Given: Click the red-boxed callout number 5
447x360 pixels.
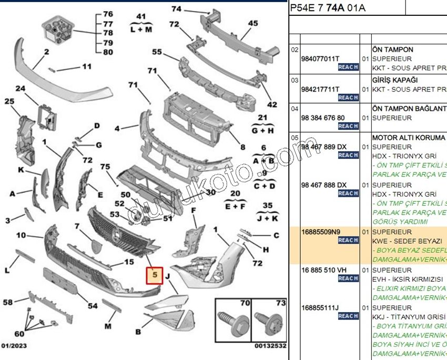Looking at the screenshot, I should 155,274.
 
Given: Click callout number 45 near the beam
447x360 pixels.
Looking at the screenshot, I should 253,23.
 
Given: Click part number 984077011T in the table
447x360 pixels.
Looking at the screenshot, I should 320,59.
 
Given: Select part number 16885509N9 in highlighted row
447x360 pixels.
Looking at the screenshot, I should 321,232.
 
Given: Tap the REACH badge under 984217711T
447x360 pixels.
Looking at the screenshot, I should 348,97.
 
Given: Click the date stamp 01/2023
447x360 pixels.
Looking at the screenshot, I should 14,346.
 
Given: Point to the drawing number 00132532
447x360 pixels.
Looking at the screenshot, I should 270,346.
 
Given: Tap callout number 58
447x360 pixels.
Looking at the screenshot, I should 7,302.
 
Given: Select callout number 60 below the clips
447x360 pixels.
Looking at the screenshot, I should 19,334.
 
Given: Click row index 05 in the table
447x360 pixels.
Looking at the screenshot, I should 294,138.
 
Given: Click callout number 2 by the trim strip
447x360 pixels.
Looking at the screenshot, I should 46,52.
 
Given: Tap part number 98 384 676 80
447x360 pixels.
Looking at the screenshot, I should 323,118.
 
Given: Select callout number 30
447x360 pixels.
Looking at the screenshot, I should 210,192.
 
